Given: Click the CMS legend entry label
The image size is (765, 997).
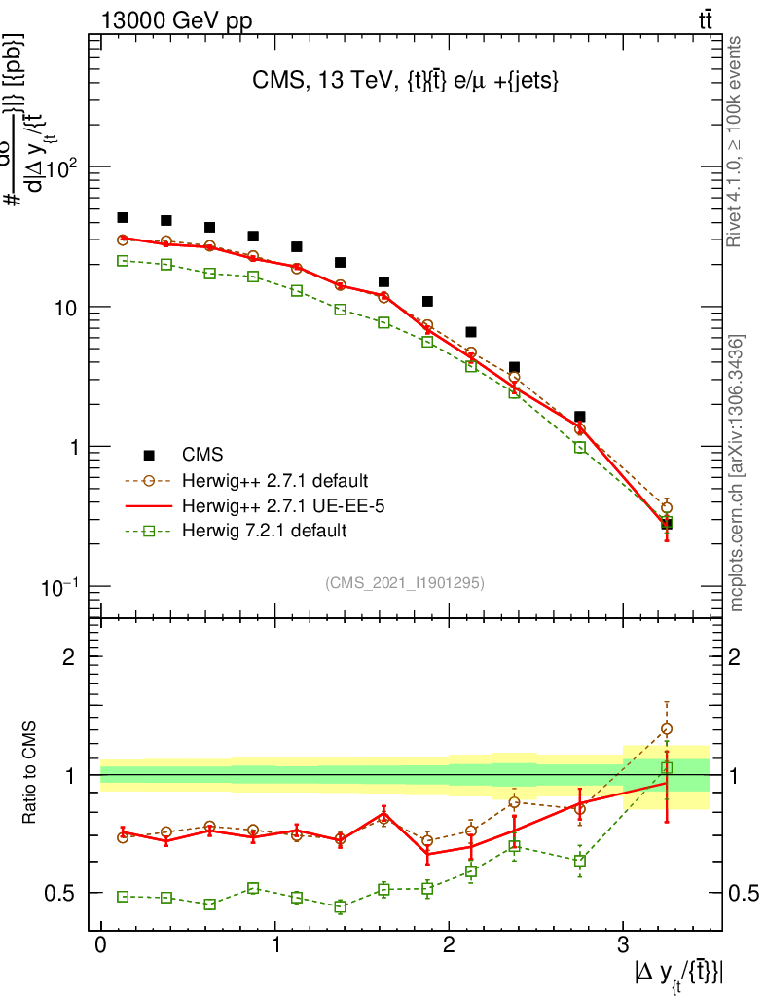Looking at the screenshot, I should (x=202, y=455).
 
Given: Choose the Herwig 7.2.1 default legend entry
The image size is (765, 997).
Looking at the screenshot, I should (x=264, y=531).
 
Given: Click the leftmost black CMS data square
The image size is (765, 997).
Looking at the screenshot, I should (x=123, y=218).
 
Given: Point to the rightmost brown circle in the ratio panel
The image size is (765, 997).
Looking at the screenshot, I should (x=667, y=728).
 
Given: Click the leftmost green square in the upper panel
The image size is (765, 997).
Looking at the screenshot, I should (x=123, y=261).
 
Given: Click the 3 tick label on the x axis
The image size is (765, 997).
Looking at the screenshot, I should (x=623, y=945).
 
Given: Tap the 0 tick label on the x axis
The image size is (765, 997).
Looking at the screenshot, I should (x=100, y=945).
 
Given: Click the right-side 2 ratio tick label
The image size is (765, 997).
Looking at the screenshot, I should (x=738, y=656).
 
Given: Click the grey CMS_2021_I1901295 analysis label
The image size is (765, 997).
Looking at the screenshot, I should (x=405, y=582).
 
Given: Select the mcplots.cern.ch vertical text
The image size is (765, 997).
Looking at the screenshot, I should (x=737, y=473).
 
